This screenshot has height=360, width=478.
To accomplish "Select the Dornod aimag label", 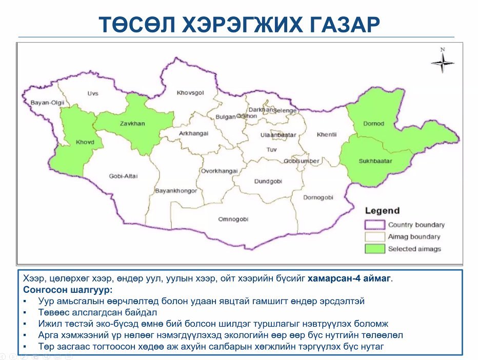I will click(373, 124).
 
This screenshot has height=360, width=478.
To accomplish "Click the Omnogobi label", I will click(233, 219).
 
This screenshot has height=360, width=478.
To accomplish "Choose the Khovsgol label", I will click(190, 93).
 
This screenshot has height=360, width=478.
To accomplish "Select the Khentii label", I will click(327, 134).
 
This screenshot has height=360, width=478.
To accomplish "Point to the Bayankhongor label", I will click(176, 191).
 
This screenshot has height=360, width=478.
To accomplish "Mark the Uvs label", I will click(92, 93).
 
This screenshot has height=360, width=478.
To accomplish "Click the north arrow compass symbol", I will click(442, 63).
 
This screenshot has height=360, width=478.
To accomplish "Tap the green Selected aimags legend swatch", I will click(374, 249).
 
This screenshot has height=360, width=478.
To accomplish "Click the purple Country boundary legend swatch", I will click(374, 225).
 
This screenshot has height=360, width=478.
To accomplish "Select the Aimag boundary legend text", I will click(414, 237).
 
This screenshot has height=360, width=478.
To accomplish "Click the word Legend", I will click(382, 211).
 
